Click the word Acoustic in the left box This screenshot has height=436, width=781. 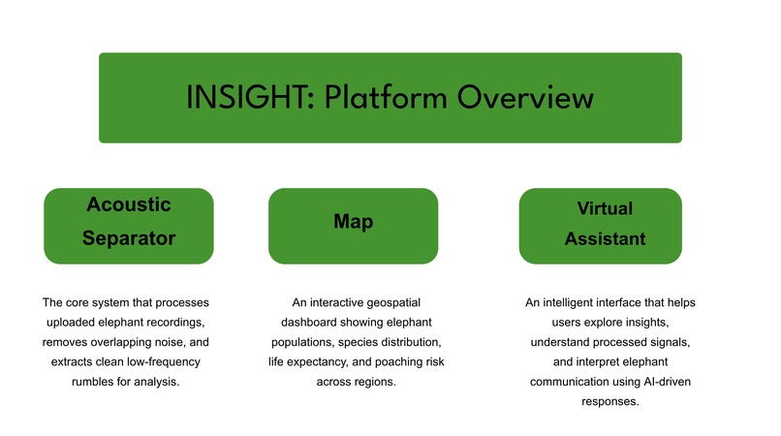click(128, 205)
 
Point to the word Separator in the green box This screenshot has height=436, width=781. click(128, 238)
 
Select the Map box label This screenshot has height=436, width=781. click(353, 222)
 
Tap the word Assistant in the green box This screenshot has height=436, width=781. click(604, 239)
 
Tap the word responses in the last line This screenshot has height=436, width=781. click(609, 401)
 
